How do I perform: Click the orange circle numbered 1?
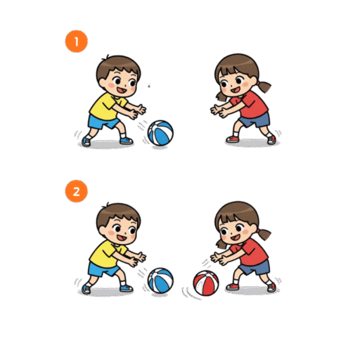click(76, 41)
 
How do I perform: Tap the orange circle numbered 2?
click(76, 191)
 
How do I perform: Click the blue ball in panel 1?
click(160, 133)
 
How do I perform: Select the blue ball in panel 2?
click(160, 281)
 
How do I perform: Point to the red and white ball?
click(206, 283)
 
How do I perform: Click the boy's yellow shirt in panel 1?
click(105, 107)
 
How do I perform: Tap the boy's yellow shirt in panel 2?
click(105, 255)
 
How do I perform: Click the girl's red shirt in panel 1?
click(250, 105)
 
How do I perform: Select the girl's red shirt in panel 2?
click(250, 252)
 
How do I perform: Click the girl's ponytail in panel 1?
click(264, 86)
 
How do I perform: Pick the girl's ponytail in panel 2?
click(264, 234)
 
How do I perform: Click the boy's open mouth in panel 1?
click(122, 90)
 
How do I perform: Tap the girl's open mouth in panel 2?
click(236, 238)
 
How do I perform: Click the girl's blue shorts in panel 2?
click(255, 267)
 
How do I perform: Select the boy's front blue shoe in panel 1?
click(127, 141)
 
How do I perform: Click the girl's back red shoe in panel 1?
click(271, 140)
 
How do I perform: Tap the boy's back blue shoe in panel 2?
click(86, 289)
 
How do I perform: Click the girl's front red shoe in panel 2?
click(232, 286)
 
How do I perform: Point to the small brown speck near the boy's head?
click(149, 86)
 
